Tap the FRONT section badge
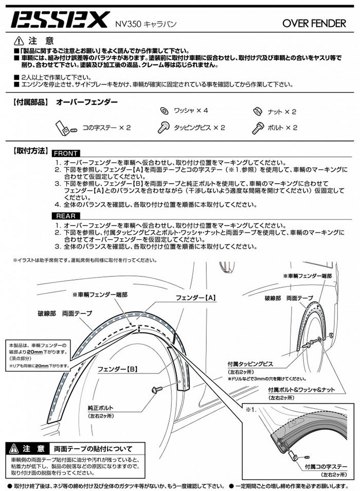pyautogui.click(x=66, y=153)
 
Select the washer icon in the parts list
pyautogui.click(x=164, y=111)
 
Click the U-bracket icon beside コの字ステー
pyautogui.click(x=63, y=127)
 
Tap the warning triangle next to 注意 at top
pyautogui.click(x=19, y=41)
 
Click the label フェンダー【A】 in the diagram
pyautogui.click(x=195, y=297)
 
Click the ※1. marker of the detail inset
pyautogui.click(x=250, y=410)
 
